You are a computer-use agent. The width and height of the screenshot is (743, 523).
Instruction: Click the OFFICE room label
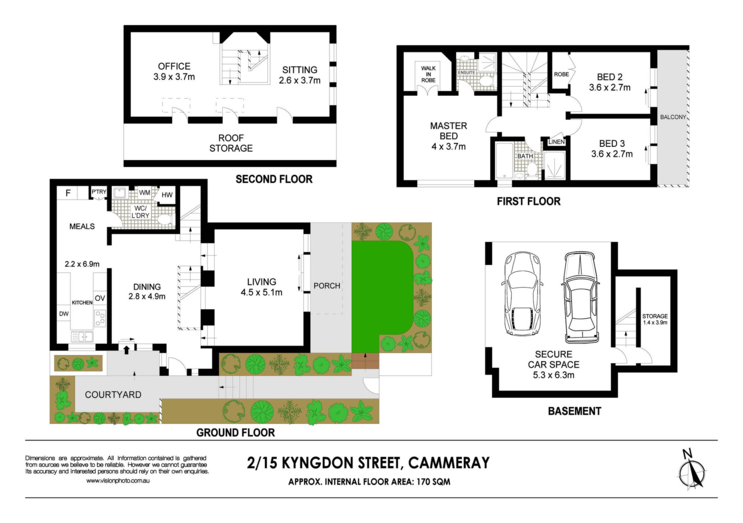tap(174, 66)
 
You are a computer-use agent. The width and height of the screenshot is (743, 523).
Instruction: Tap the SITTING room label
tap(300, 70)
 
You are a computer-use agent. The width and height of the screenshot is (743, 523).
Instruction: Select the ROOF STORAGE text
tap(231, 143)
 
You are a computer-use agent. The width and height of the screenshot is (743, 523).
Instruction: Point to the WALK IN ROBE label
tap(428, 74)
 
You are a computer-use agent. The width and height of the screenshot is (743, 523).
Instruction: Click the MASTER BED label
tap(449, 131)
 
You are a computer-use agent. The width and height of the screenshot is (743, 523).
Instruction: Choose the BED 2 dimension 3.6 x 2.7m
tap(610, 88)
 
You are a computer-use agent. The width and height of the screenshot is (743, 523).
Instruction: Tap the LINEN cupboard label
tap(556, 142)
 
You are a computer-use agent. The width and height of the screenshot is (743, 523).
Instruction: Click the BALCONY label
tap(673, 117)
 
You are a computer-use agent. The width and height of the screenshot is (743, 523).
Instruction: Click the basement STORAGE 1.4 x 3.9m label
tap(655, 319)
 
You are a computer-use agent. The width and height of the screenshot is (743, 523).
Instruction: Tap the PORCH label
tap(327, 286)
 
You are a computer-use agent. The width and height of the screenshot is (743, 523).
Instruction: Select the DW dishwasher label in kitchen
tap(64, 314)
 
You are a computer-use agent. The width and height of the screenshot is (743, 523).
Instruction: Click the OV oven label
tap(100, 298)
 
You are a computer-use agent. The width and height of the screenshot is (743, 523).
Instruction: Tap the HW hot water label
tap(167, 195)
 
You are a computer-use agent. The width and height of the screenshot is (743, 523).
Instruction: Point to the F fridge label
tap(68, 193)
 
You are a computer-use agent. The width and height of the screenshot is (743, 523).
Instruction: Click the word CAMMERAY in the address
tap(449, 463)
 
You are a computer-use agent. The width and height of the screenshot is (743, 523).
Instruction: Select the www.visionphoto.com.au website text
tap(118, 481)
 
